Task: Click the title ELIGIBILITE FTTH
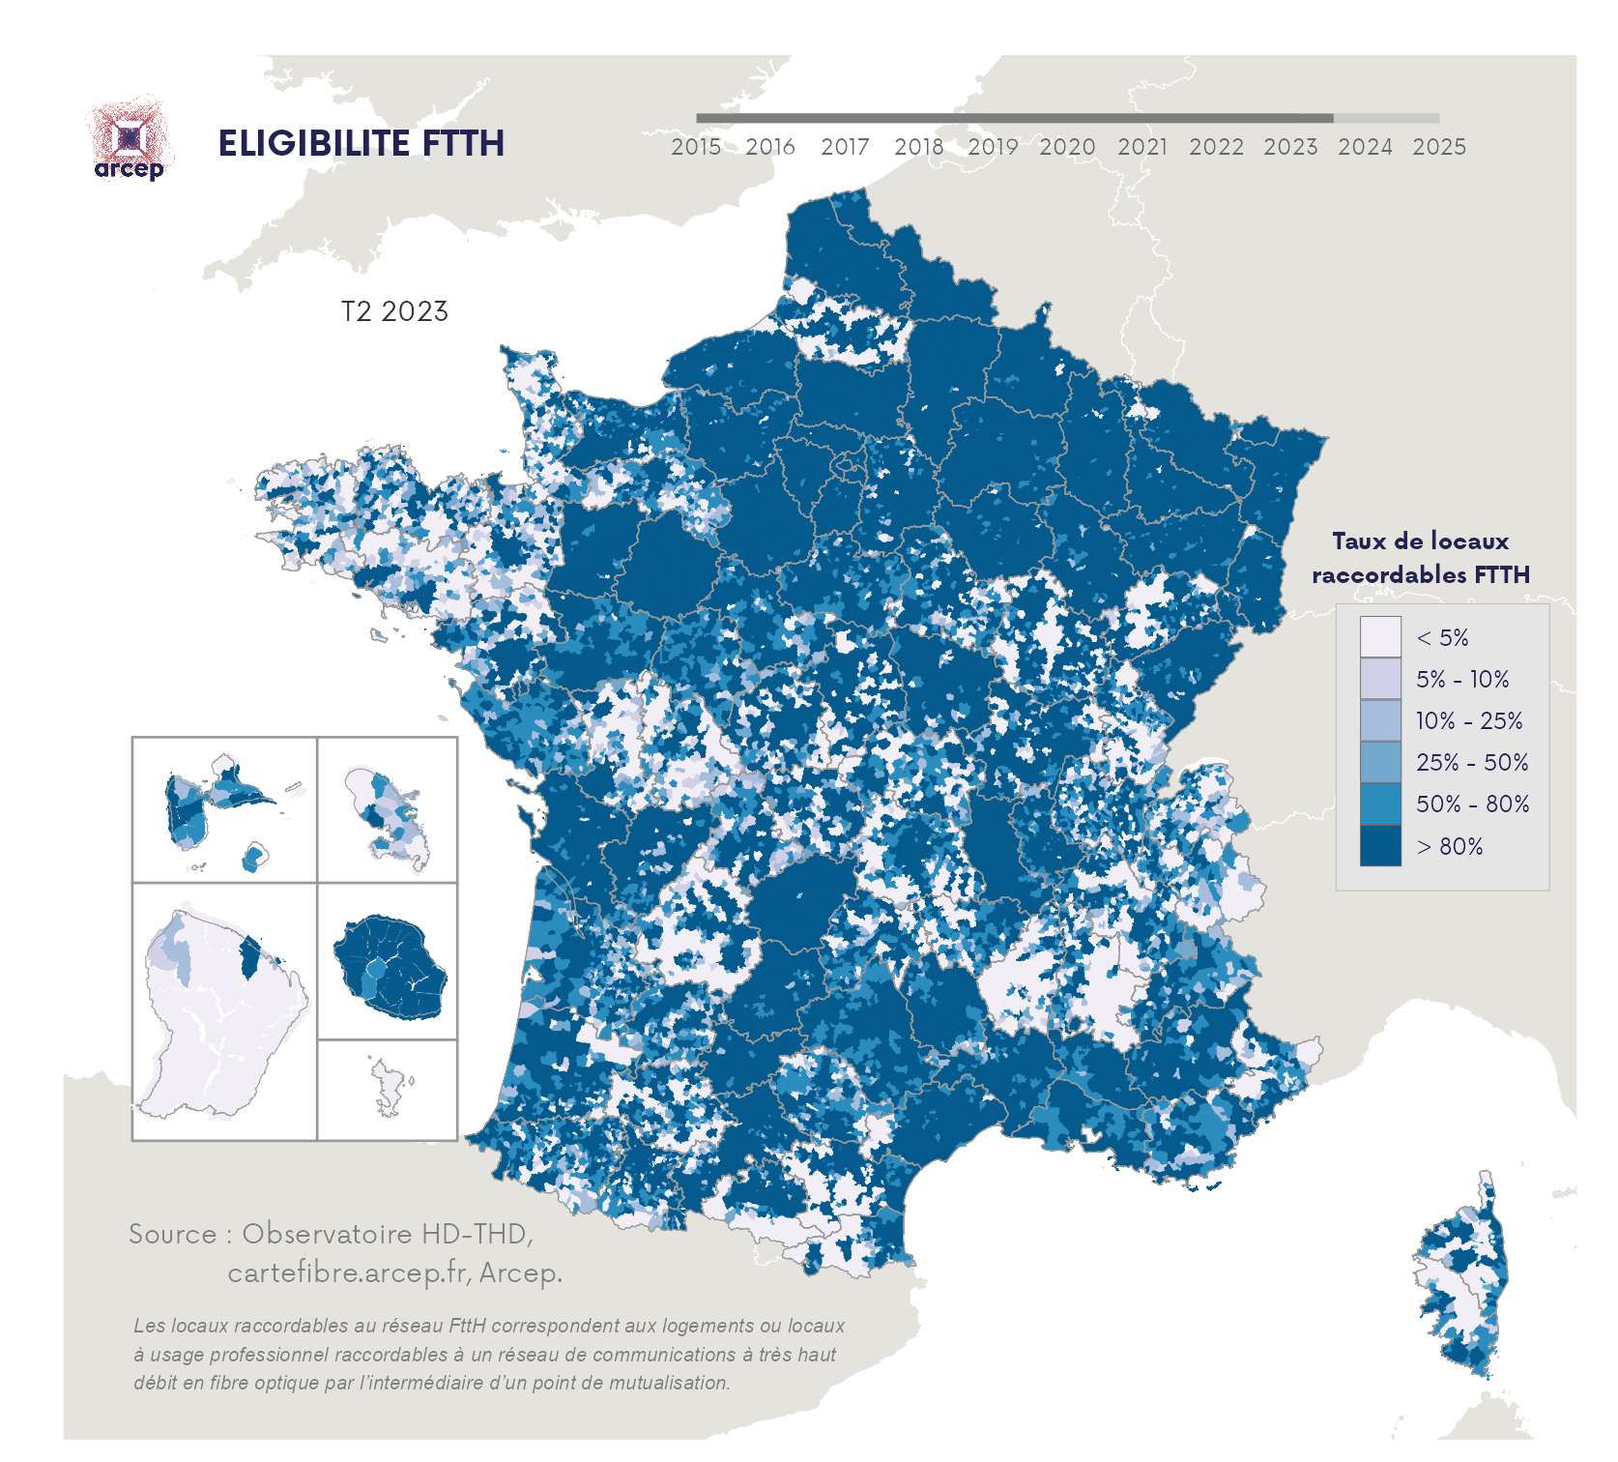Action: click(x=361, y=143)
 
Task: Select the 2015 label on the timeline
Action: click(x=696, y=147)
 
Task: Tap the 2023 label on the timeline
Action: click(x=1290, y=147)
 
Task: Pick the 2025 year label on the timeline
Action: click(x=1439, y=147)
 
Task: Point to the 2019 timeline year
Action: click(x=993, y=147)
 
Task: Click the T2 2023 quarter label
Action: click(x=394, y=311)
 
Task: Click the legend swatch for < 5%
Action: click(x=1379, y=637)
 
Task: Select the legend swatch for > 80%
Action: click(x=1379, y=846)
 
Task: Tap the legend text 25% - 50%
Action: click(x=1472, y=763)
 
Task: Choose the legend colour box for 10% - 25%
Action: click(x=1379, y=720)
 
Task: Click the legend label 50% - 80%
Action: click(x=1472, y=804)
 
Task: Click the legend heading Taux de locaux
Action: click(x=1420, y=541)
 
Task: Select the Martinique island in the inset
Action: click(x=387, y=812)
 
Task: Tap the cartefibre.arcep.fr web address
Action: click(x=349, y=1272)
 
